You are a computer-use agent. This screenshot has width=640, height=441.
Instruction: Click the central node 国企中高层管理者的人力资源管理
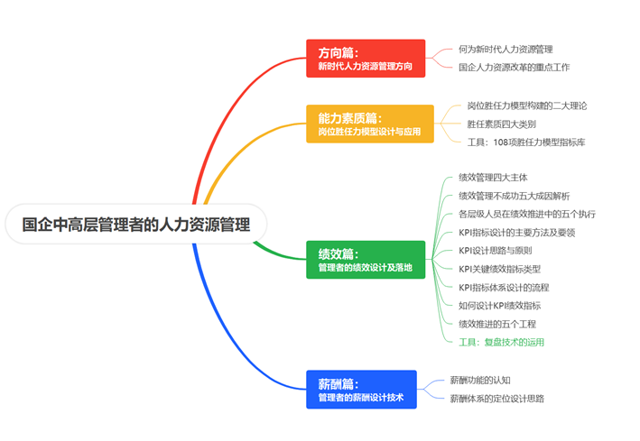(136, 225)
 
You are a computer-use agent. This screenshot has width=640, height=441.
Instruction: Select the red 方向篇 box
(366, 59)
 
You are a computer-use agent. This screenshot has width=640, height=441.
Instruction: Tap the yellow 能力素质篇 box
(370, 124)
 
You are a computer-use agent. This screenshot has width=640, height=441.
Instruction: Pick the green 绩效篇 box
(366, 260)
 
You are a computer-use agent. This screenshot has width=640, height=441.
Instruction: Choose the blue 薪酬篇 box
(361, 390)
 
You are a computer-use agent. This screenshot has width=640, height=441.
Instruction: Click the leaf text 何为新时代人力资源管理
(506, 50)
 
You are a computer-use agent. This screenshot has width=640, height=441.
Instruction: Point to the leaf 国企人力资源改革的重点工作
(514, 68)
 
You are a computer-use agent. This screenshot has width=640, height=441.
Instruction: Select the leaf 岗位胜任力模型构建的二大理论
(527, 106)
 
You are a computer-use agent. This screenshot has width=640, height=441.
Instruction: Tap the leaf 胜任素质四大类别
(502, 124)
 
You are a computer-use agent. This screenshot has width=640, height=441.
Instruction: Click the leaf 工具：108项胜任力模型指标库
(526, 142)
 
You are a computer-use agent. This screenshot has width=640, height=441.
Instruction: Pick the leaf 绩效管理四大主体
(493, 178)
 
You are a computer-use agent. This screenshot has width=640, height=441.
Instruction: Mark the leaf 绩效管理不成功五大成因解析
(515, 197)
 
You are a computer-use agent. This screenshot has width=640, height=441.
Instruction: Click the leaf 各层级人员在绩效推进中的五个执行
(527, 214)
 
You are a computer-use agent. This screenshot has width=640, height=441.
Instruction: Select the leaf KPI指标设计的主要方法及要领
(516, 233)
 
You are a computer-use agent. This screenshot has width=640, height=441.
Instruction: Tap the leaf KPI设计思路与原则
(495, 251)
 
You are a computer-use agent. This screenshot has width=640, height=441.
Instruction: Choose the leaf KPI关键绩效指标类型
(499, 270)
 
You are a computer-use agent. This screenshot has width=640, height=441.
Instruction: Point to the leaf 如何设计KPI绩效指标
(499, 306)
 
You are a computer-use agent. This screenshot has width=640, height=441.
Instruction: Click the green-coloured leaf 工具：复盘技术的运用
(501, 343)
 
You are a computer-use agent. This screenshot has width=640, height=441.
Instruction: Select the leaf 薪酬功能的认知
(480, 381)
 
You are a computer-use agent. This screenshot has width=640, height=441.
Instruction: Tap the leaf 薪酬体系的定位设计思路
(497, 399)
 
